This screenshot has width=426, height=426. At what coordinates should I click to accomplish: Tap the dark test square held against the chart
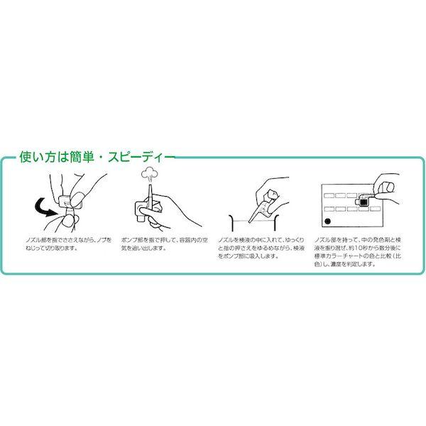coord(364,203)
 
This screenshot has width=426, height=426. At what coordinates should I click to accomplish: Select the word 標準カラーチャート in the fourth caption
coord(347,257)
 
